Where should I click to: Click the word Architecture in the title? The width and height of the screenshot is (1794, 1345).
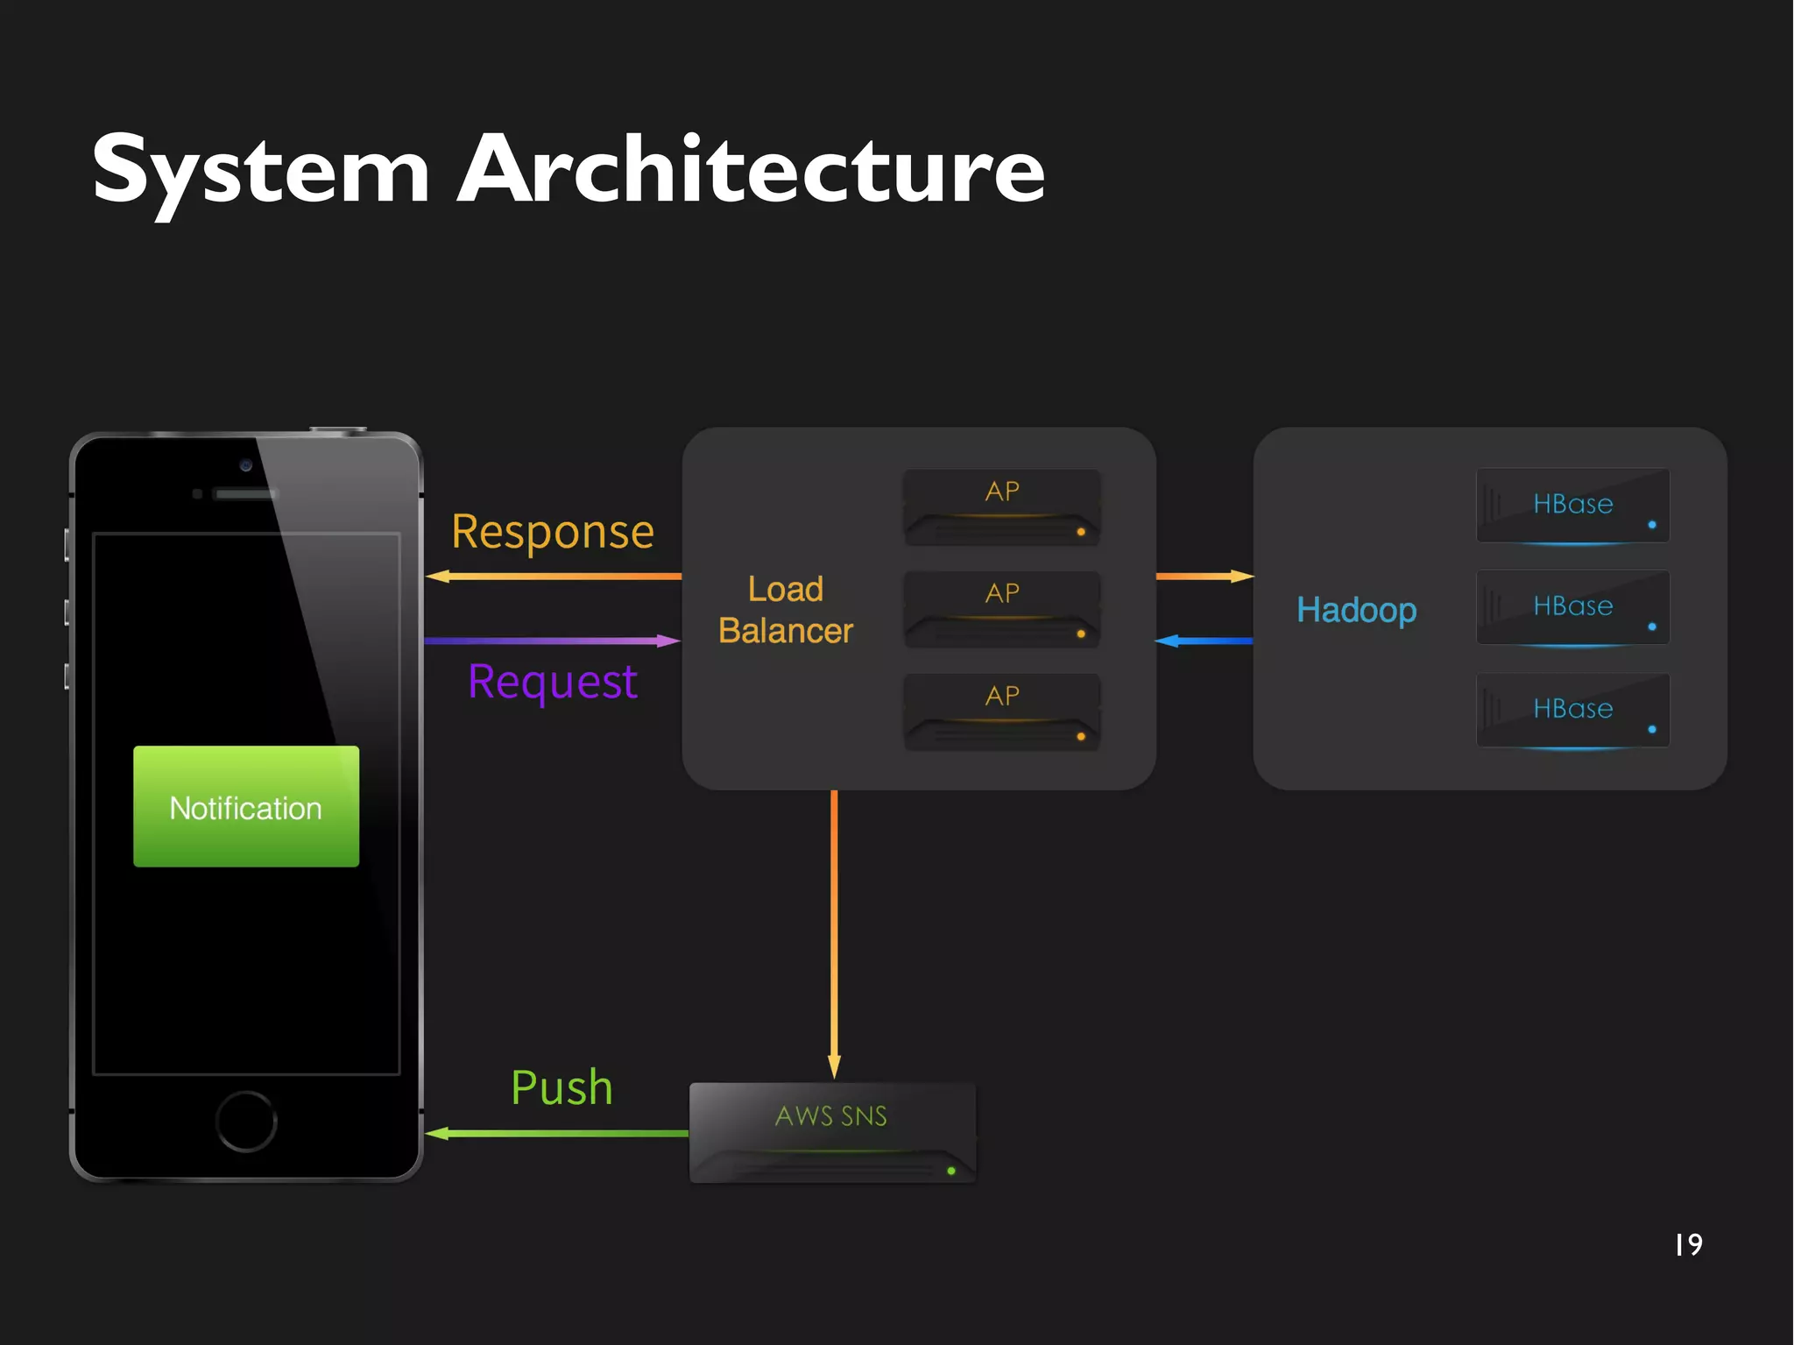click(752, 171)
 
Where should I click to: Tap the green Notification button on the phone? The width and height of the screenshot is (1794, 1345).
click(246, 806)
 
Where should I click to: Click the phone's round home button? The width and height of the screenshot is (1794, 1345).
click(246, 1121)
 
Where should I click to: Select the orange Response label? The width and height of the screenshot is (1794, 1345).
click(553, 532)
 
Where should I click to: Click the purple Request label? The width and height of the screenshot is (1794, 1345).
click(553, 682)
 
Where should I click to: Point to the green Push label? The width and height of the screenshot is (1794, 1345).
click(562, 1087)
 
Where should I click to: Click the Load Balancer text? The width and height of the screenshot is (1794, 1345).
click(786, 610)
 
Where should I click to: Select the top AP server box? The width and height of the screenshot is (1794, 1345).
click(1001, 507)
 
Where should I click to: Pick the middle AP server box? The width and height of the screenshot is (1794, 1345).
click(1001, 610)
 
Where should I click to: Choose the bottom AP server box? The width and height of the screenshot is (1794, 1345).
click(1001, 711)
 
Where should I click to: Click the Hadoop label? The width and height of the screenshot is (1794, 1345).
click(1356, 610)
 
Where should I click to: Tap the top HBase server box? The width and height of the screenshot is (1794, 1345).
click(1572, 506)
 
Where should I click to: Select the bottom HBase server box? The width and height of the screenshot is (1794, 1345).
click(1572, 710)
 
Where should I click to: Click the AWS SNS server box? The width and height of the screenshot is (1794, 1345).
click(832, 1132)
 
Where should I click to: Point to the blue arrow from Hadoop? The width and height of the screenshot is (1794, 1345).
click(1204, 641)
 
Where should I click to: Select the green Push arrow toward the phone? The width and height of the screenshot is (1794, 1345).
click(557, 1133)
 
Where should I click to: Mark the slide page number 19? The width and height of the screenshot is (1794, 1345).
click(1688, 1244)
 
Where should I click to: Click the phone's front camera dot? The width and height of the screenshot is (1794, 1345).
click(246, 465)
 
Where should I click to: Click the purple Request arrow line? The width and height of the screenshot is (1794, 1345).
click(552, 641)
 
